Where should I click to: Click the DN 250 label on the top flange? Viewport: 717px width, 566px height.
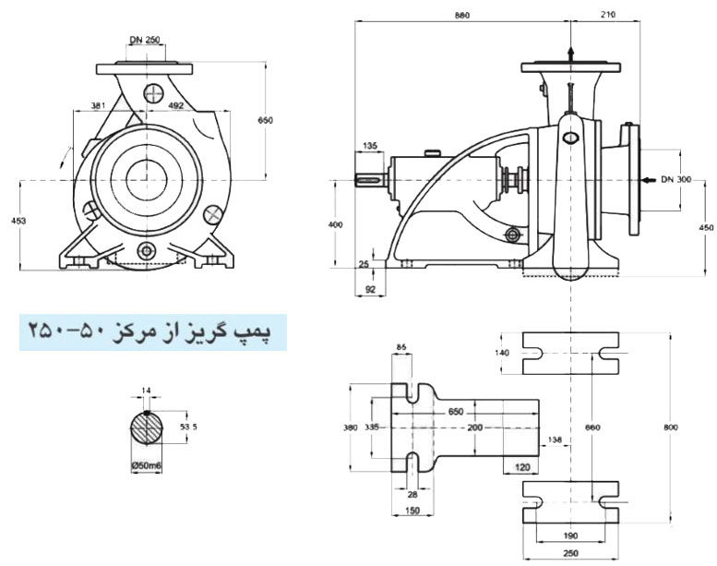click(x=148, y=40)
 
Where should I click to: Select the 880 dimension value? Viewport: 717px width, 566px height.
click(x=465, y=15)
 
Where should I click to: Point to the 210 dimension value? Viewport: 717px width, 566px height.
click(x=606, y=15)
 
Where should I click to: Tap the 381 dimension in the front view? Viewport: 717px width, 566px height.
click(x=99, y=105)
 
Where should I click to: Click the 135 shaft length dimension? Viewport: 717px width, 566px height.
click(x=370, y=146)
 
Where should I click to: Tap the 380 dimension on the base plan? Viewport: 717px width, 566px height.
click(x=348, y=428)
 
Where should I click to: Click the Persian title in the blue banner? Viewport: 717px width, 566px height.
click(x=152, y=331)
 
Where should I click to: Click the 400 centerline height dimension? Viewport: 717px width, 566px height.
click(x=335, y=223)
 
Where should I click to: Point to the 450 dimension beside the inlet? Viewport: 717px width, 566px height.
click(x=707, y=227)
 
